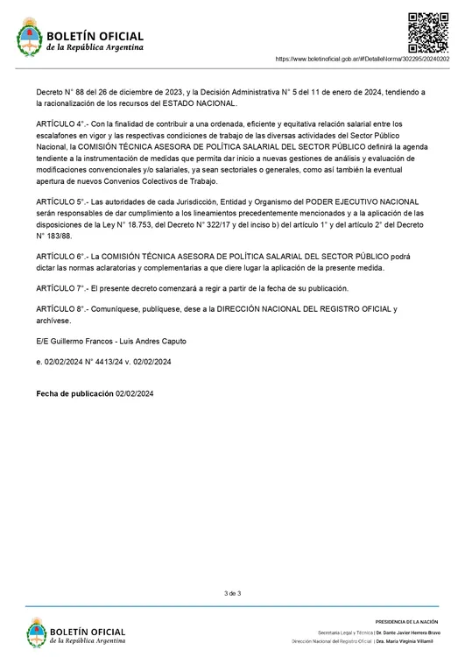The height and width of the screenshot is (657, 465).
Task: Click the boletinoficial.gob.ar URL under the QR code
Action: (367, 59)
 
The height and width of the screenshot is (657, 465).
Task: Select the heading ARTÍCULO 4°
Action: (61, 124)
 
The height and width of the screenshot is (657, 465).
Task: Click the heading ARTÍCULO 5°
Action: (61, 202)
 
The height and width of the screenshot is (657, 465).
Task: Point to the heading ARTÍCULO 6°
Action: (61, 256)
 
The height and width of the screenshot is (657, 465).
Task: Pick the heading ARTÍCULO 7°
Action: (61, 288)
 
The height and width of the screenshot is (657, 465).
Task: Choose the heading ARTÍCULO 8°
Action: (61, 309)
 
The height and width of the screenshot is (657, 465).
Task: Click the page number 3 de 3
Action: (232, 594)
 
